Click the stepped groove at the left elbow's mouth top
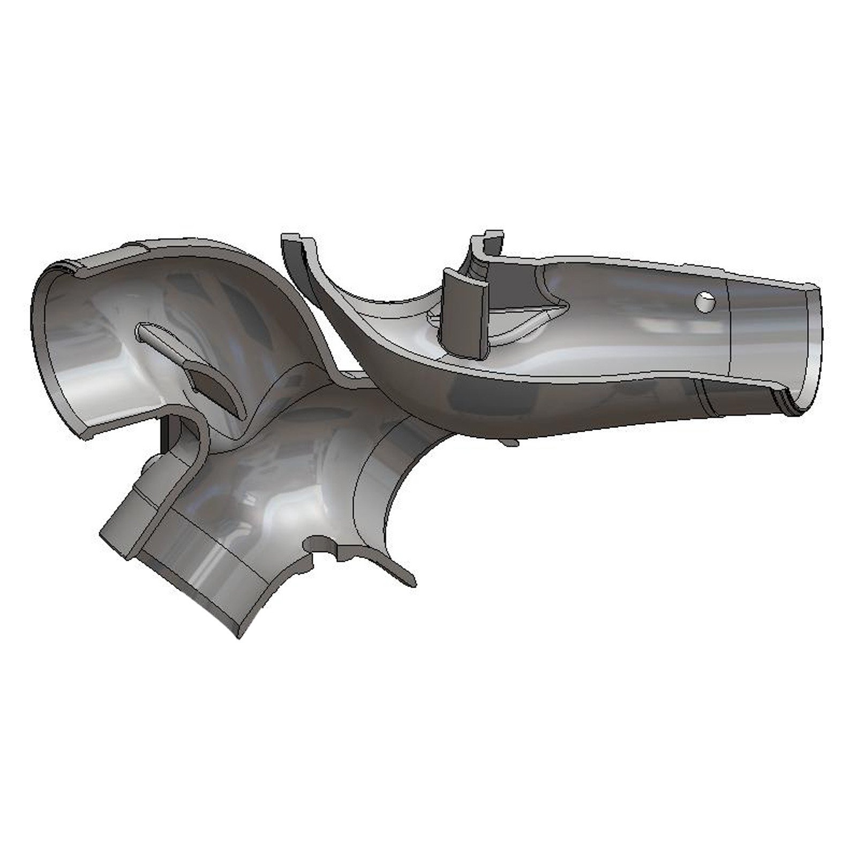click(67, 265)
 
